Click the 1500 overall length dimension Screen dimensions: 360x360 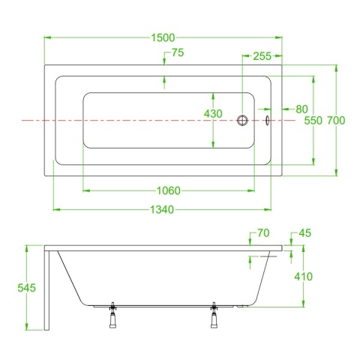tap(163, 37)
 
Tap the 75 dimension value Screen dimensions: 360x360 tap(178, 52)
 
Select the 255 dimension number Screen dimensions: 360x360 tap(262, 56)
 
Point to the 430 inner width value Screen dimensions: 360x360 tap(213, 114)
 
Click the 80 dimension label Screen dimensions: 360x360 tap(301, 109)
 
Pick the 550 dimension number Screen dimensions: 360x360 tap(313, 121)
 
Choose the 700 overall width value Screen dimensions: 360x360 tap(336, 121)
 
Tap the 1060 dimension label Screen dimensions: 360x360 tap(169, 190)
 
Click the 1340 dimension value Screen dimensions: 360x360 tap(162, 209)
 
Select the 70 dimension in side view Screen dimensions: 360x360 tap(263, 233)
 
